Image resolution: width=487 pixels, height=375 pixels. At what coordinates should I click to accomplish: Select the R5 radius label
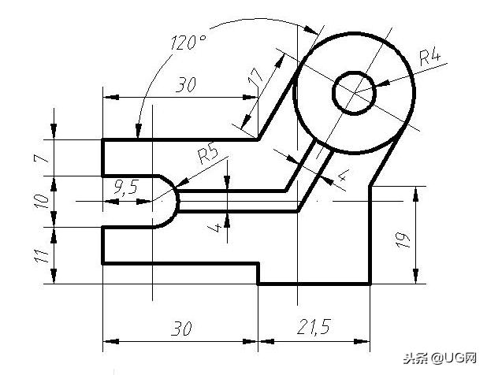pos(208,152)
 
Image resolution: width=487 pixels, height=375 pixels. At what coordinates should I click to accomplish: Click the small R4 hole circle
pos(354,94)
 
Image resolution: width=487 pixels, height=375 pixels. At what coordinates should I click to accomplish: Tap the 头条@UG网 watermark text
pos(441,358)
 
